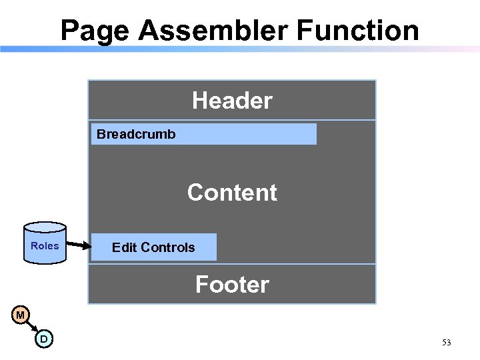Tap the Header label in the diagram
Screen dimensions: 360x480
pyautogui.click(x=232, y=101)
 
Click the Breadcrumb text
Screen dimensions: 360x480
pyautogui.click(x=136, y=134)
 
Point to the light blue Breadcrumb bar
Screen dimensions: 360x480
pyautogui.click(x=247, y=134)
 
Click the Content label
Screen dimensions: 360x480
pyautogui.click(x=232, y=192)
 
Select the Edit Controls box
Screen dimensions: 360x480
pyautogui.click(x=153, y=247)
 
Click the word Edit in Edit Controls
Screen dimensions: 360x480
pyautogui.click(x=123, y=247)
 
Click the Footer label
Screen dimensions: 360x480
pyautogui.click(x=232, y=285)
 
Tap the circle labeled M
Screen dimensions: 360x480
pyautogui.click(x=21, y=315)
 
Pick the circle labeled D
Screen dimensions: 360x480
pyautogui.click(x=43, y=339)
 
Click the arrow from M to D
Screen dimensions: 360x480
pyautogui.click(x=32, y=327)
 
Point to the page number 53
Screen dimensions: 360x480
pyautogui.click(x=446, y=343)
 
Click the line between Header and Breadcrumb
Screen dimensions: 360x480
pyautogui.click(x=232, y=120)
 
